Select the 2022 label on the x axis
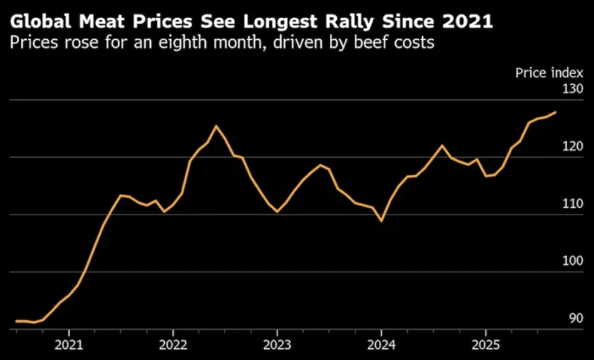(x=172, y=345)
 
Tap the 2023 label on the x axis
(x=277, y=345)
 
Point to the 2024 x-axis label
(x=381, y=345)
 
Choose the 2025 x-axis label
(x=485, y=345)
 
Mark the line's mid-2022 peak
(x=216, y=126)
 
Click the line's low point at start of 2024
(x=381, y=221)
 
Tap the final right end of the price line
(x=556, y=112)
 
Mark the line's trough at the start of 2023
(x=277, y=211)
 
